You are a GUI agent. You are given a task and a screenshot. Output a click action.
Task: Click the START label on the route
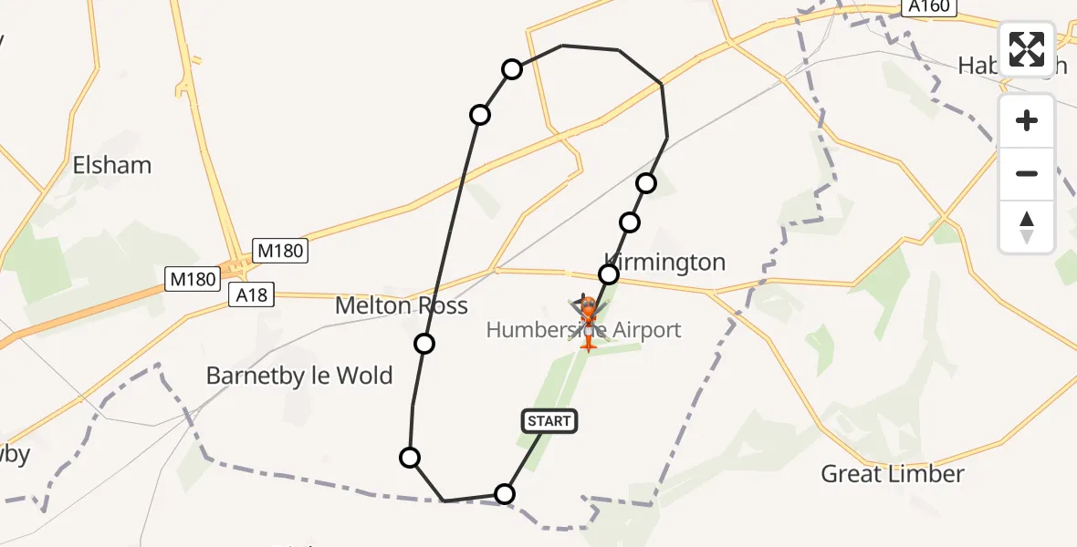point(549,420)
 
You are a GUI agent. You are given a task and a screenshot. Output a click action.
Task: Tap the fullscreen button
point(1027,49)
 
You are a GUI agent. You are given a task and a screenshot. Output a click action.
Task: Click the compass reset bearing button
point(1027,227)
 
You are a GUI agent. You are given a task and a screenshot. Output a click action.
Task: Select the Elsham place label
point(112,166)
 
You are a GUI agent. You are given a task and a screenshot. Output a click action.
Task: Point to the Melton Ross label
point(402,306)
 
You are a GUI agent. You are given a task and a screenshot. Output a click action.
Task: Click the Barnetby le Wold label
point(299,376)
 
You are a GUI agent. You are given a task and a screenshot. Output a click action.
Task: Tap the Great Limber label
point(893,474)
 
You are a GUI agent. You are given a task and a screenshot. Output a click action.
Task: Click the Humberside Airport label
point(584,330)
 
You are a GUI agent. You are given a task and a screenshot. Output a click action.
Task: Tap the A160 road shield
point(930,7)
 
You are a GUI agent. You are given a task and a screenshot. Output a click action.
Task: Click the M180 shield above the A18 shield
point(280,251)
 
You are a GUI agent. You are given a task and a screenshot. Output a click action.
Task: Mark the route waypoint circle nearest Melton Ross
point(423,344)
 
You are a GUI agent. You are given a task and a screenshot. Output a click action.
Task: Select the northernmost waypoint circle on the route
point(512,69)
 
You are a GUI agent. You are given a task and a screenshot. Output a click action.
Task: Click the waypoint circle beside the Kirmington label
point(608,274)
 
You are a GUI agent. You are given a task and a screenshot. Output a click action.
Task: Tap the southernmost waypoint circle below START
point(504,494)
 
